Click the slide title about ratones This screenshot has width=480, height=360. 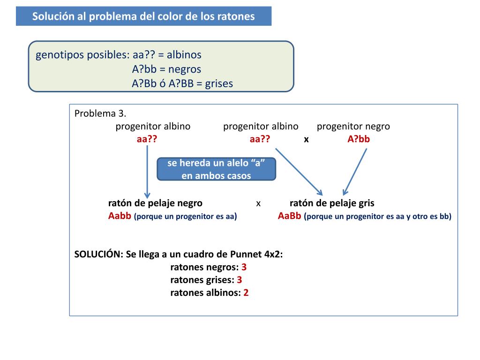click(143, 16)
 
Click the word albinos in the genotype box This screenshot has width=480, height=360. click(184, 54)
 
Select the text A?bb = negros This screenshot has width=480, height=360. click(166, 69)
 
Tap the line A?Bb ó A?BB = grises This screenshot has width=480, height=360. click(182, 83)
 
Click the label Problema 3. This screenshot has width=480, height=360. click(100, 113)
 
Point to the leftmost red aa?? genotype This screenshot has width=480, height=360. click(146, 139)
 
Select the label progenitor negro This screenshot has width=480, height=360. click(353, 126)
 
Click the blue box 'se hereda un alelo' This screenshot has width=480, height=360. click(216, 169)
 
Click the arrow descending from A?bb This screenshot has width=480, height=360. click(355, 171)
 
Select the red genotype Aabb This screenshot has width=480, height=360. click(120, 216)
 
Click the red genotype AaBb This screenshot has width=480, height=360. click(289, 216)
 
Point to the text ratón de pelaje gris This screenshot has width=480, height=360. click(332, 203)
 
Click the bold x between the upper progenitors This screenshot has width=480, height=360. click(306, 139)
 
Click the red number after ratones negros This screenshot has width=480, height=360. click(244, 267)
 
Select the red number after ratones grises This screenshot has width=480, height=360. click(240, 280)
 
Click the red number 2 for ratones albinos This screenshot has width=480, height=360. click(246, 293)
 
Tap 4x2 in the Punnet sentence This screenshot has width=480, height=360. click(274, 254)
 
